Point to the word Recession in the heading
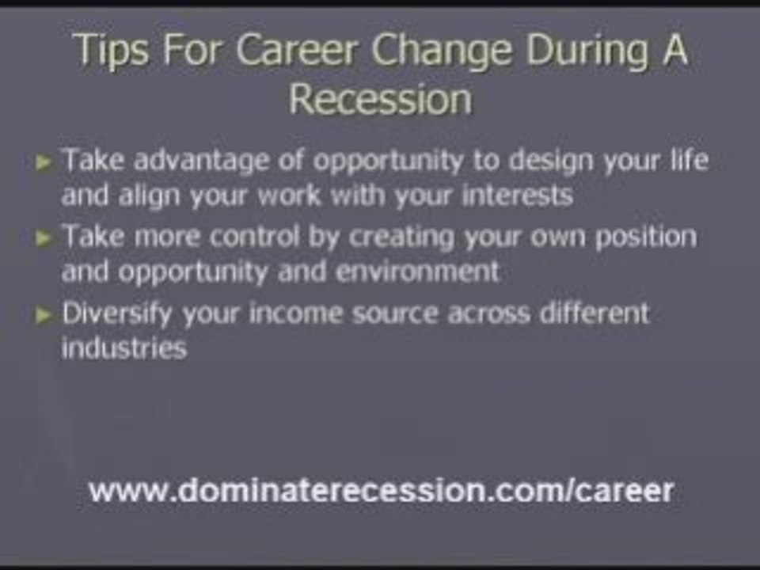click(380, 101)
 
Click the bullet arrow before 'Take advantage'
click(44, 163)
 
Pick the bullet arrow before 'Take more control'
click(44, 238)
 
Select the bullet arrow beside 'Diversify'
click(44, 315)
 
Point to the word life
click(686, 161)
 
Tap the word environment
click(417, 272)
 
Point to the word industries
click(123, 348)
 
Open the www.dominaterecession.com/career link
click(381, 491)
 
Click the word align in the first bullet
click(150, 196)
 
